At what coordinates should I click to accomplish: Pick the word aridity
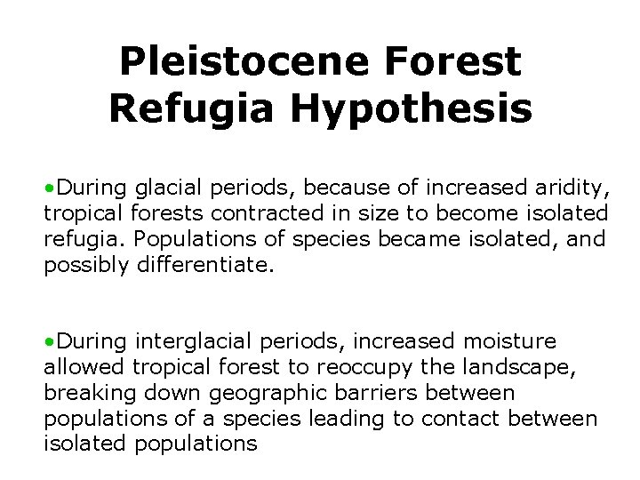click(566, 187)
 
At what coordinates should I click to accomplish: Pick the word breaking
click(85, 392)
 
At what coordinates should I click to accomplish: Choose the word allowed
click(84, 367)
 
